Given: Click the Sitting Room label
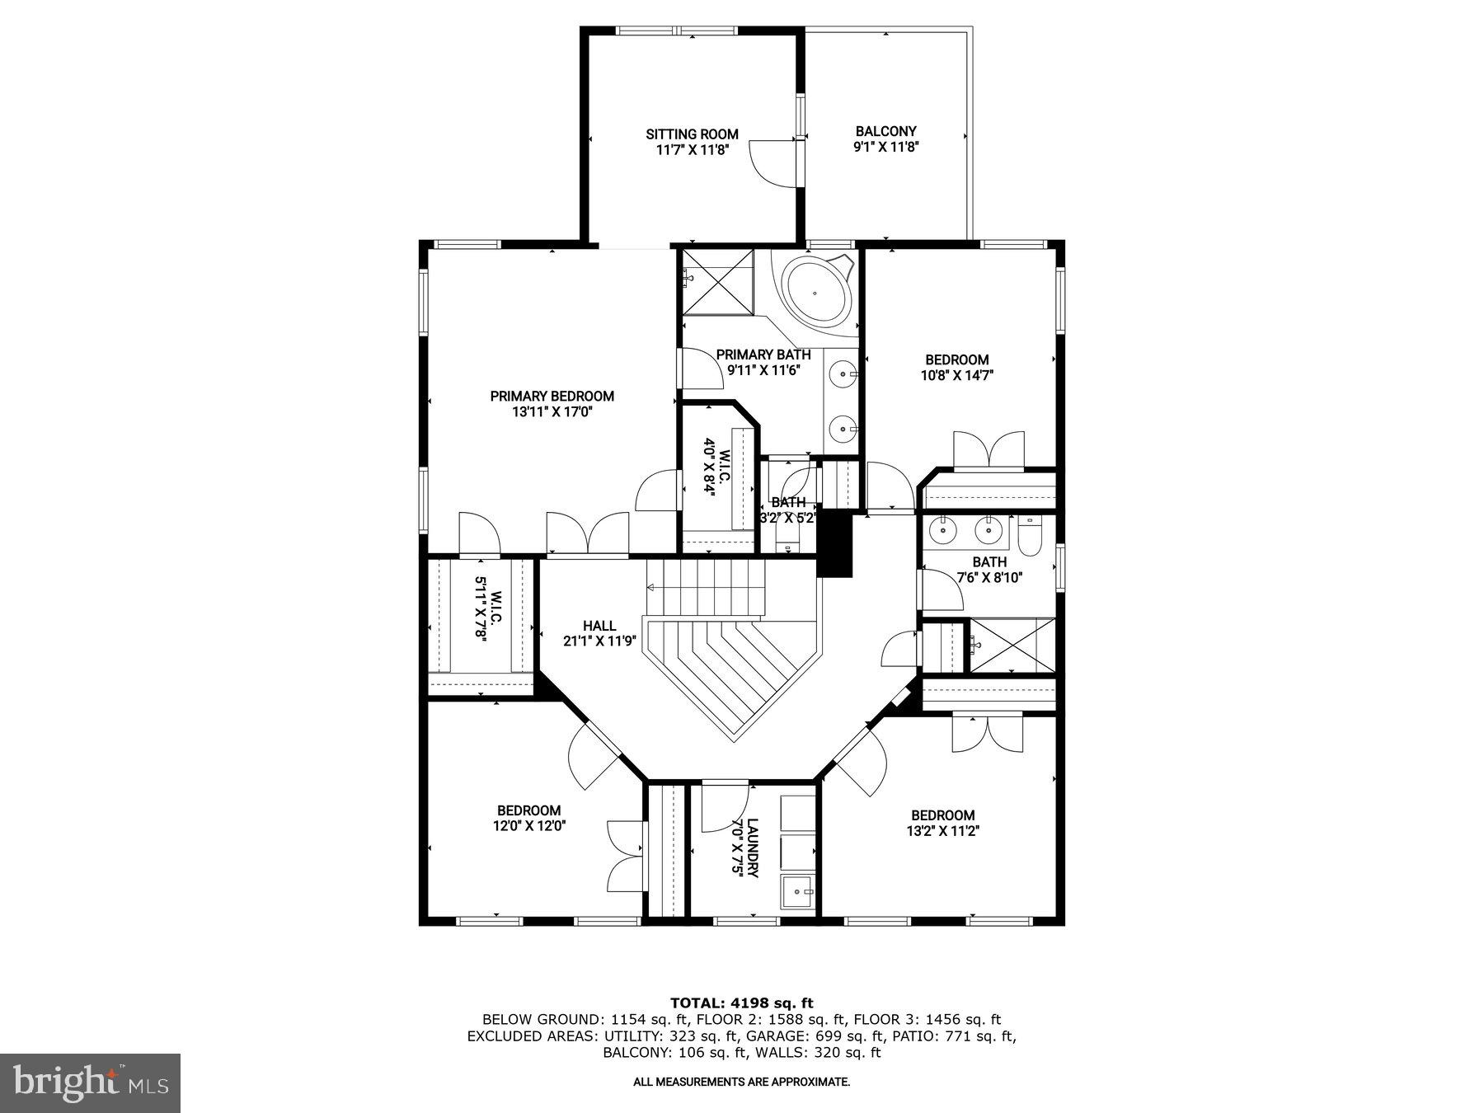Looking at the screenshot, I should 692,134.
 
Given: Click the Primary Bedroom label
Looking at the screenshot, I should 552,397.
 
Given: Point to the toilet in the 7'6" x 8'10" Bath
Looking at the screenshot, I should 1031,537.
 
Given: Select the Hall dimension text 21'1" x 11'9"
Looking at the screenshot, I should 599,641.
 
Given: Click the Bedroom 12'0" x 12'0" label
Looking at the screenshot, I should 528,810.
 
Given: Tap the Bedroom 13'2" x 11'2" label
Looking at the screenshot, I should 942,815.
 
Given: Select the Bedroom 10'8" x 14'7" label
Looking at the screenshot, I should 956,360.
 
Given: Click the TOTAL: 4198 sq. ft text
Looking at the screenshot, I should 741,1003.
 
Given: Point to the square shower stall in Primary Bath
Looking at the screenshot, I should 716,282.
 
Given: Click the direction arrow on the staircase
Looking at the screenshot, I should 651,588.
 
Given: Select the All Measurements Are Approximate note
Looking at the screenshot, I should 741,1082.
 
